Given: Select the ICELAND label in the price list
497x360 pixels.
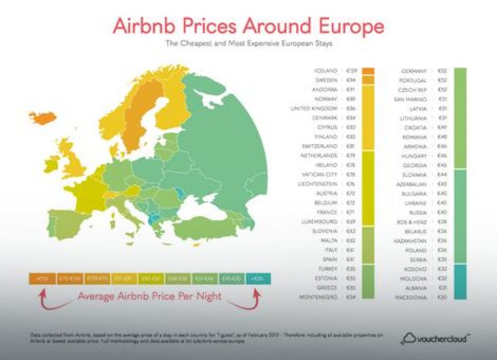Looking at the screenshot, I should click(327, 71).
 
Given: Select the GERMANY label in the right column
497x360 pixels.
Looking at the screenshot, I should click(413, 71).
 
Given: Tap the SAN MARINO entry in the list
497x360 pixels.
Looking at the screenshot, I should click(411, 99).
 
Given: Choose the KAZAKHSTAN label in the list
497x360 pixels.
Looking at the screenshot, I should click(410, 241).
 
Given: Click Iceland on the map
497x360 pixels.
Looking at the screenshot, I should click(43, 118).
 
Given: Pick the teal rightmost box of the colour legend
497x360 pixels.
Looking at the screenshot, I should click(258, 278).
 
